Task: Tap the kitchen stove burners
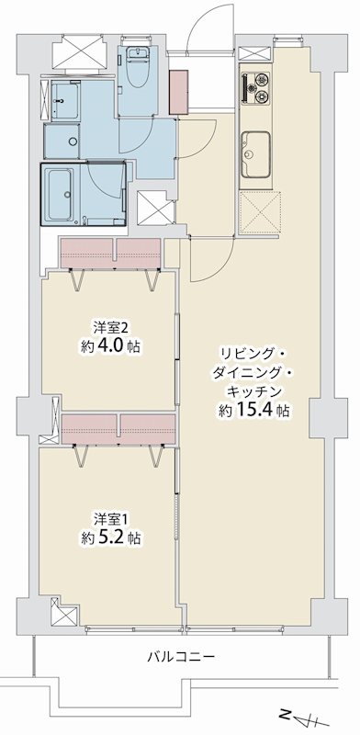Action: (x=257, y=87)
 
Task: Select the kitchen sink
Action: (x=256, y=146)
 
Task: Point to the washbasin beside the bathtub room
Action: (x=63, y=98)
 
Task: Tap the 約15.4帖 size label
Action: (x=254, y=411)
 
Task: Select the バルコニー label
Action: (x=181, y=657)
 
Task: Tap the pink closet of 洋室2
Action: (x=110, y=249)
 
